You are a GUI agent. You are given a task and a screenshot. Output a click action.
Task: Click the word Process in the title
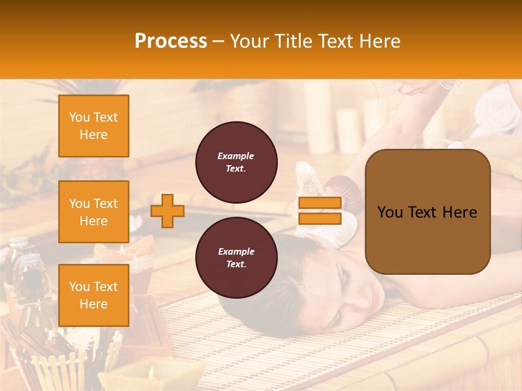171,41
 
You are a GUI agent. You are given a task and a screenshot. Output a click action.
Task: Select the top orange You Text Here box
94,126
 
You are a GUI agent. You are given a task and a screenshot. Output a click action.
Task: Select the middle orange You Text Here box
94,212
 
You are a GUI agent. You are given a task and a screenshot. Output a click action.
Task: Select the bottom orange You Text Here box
94,295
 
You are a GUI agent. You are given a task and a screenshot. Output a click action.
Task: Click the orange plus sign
167,211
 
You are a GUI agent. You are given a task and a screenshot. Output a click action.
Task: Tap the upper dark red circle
236,162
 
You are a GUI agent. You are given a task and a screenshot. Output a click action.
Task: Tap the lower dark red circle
236,258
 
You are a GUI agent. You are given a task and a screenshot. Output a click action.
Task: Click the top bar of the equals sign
320,203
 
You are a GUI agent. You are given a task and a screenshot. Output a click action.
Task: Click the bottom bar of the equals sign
320,218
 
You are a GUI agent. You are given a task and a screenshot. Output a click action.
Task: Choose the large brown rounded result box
427,212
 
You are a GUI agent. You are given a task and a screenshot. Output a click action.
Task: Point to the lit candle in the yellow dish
151,374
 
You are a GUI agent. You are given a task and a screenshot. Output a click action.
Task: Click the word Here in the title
378,41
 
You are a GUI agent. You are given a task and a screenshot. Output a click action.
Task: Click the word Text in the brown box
427,212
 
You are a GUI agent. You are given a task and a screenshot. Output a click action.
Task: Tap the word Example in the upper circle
235,156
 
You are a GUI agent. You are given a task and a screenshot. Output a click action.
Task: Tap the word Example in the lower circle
235,251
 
